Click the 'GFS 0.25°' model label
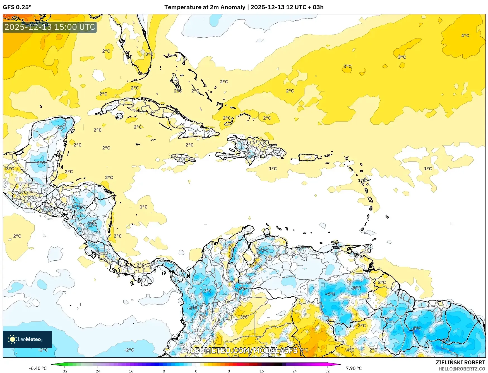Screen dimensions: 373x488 click(17, 7)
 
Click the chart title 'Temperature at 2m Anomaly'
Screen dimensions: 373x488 click(205, 7)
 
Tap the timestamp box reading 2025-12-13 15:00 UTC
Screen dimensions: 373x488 click(50, 27)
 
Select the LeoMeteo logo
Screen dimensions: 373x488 click(27, 339)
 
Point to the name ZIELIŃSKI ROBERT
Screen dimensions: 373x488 click(460, 362)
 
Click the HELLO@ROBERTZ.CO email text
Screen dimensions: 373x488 click(461, 369)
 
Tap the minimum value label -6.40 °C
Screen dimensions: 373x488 click(38, 368)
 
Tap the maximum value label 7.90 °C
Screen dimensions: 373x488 click(354, 368)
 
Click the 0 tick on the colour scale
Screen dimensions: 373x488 click(196, 371)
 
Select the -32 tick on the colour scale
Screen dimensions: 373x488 click(64, 371)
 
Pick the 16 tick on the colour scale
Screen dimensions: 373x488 click(261, 371)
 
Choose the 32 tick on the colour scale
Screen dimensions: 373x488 click(327, 371)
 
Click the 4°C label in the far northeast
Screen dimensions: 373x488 click(465, 36)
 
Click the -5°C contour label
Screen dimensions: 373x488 click(417, 329)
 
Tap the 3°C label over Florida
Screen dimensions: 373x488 click(149, 54)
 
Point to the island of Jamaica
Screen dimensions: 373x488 click(183, 158)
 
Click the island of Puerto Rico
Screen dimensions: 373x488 click(308, 158)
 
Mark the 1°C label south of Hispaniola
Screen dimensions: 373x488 click(273, 169)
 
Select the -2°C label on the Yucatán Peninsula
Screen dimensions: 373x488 click(60, 127)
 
